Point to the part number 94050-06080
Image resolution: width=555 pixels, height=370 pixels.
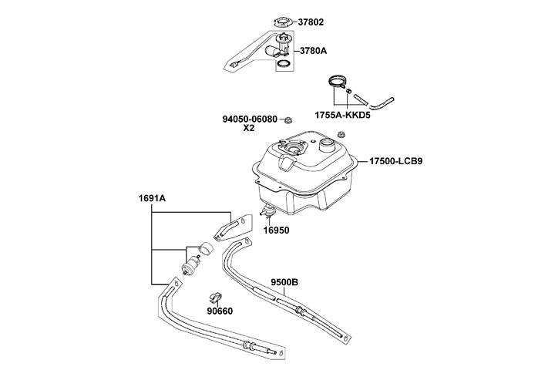pos(250,119)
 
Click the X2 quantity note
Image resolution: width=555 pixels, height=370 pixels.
pos(250,129)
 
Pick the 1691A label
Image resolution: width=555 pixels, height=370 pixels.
pos(152,198)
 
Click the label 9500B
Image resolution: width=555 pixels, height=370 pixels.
pos(284,282)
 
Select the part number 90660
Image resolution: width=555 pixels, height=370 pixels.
pos(220,311)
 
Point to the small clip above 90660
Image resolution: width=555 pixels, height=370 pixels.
pos(215,297)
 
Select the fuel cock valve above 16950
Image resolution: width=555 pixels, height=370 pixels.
pos(270,210)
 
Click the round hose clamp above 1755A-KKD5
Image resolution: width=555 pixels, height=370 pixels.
pos(336,82)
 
